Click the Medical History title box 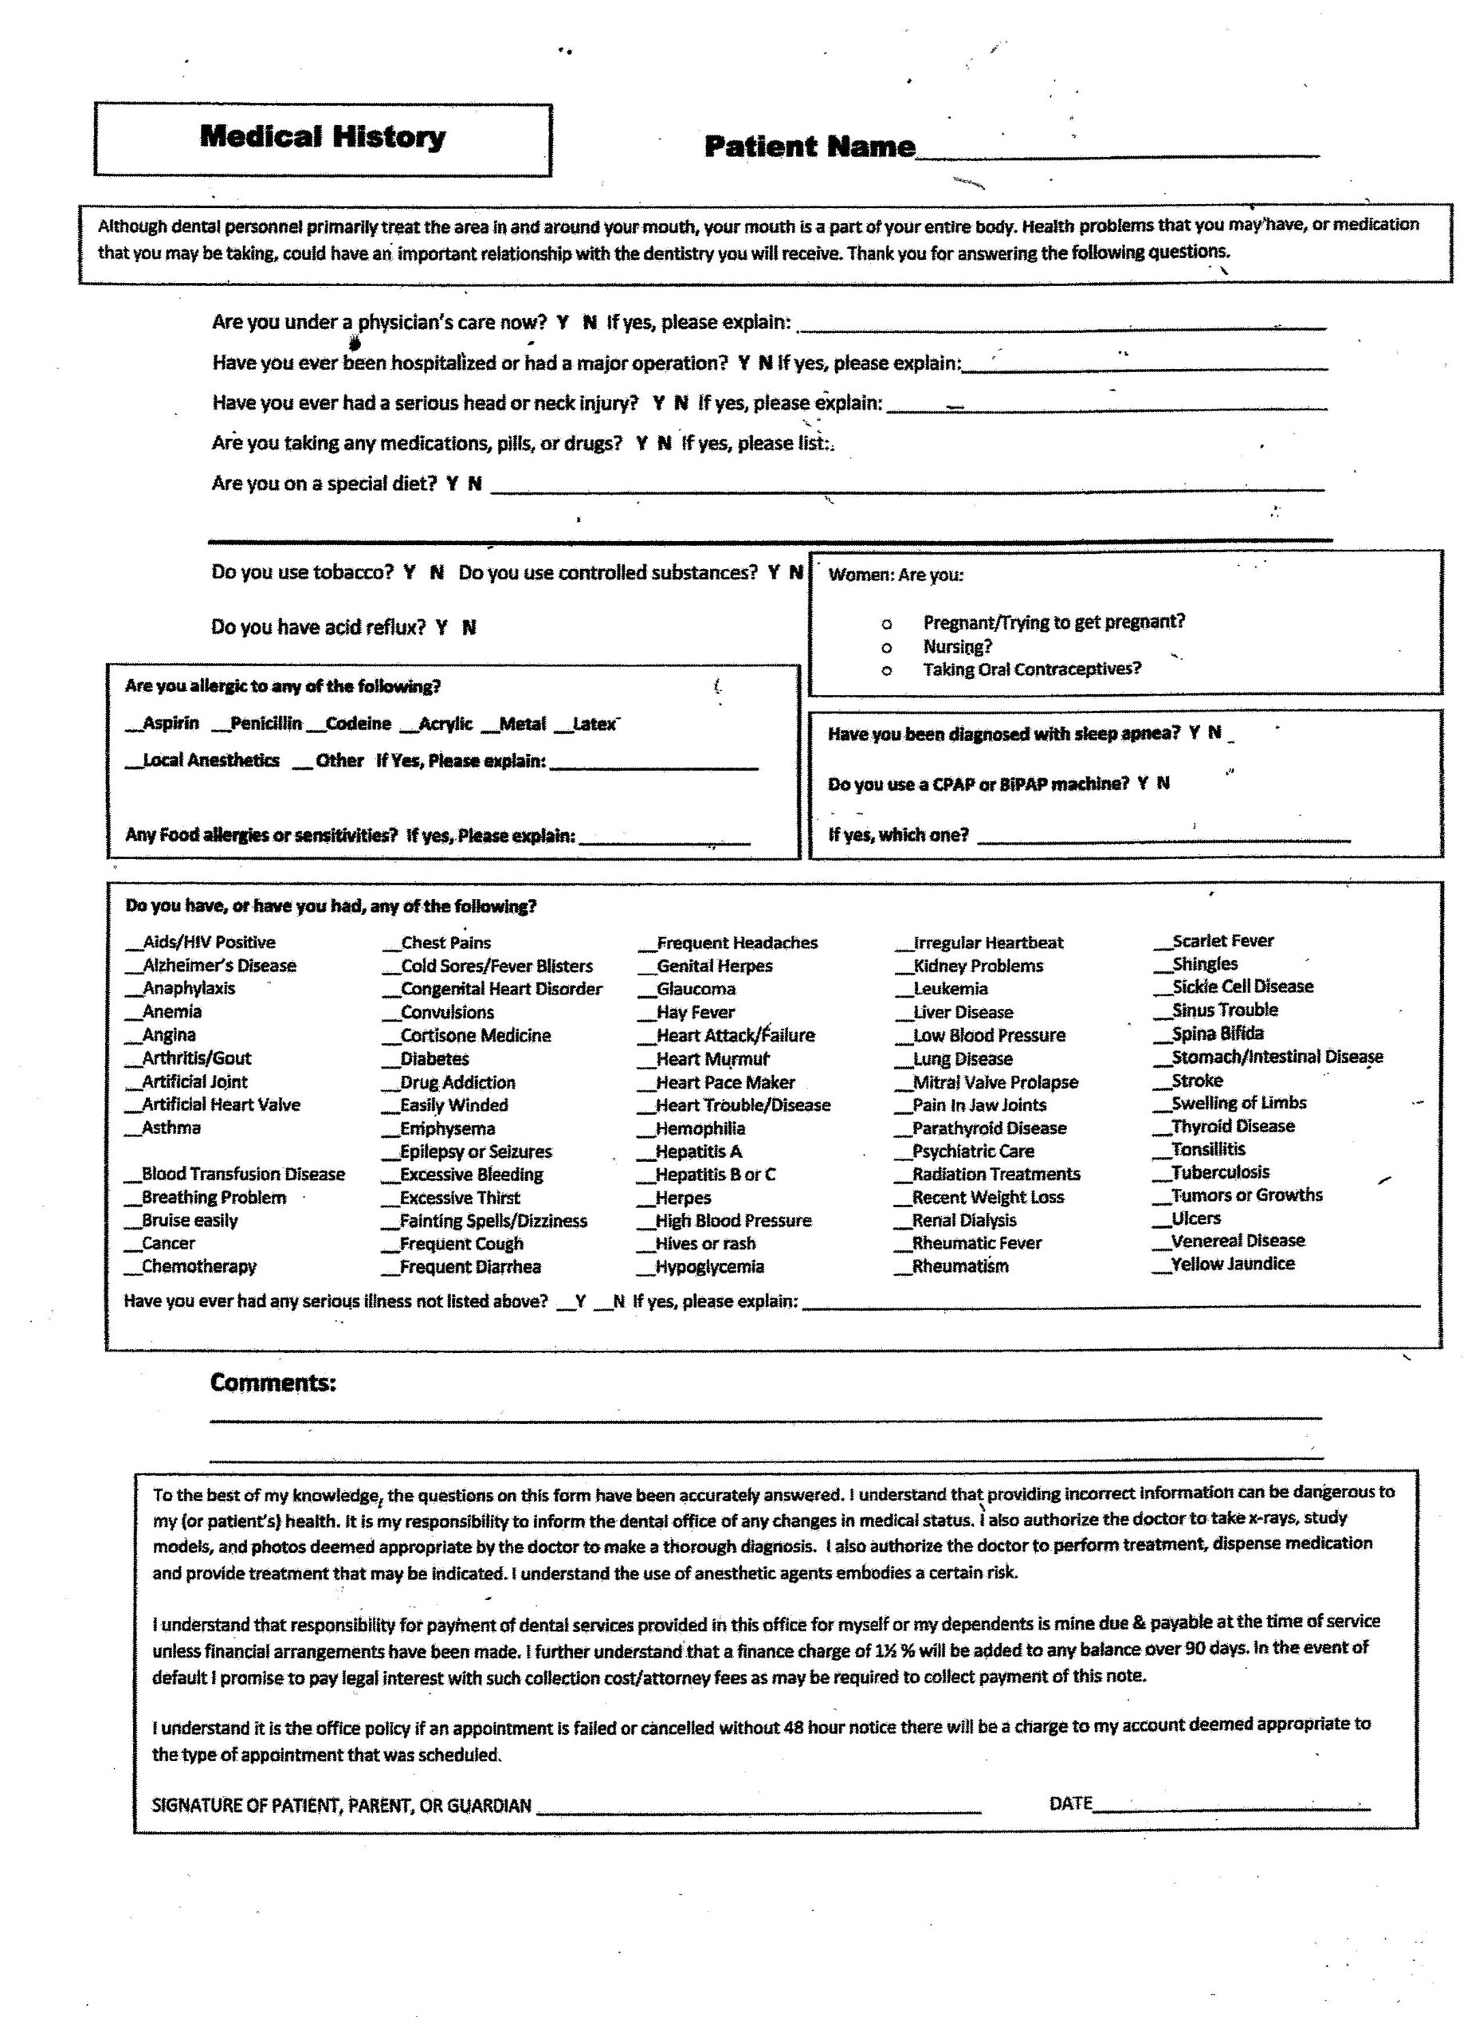pyautogui.click(x=322, y=139)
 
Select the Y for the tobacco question pyautogui.click(x=409, y=572)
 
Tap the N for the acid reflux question pyautogui.click(x=469, y=627)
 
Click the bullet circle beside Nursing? pyautogui.click(x=887, y=648)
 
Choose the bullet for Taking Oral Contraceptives pyautogui.click(x=887, y=671)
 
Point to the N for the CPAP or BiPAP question pyautogui.click(x=1163, y=783)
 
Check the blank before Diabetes pyautogui.click(x=391, y=1061)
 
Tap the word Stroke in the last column pyautogui.click(x=1197, y=1081)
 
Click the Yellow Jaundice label pyautogui.click(x=1232, y=1264)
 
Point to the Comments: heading pyautogui.click(x=273, y=1383)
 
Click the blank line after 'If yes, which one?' pyautogui.click(x=1163, y=838)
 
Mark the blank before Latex pyautogui.click(x=563, y=725)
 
